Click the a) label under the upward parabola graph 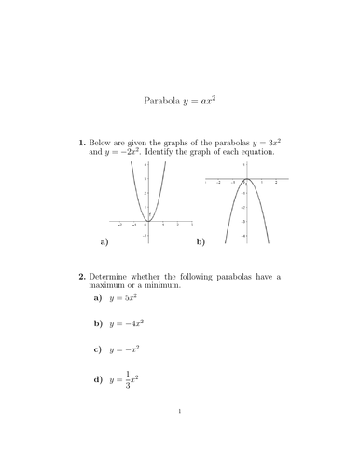(103, 241)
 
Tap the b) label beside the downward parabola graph (201, 241)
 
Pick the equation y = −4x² (129, 324)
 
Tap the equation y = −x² (126, 350)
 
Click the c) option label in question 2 (97, 350)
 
